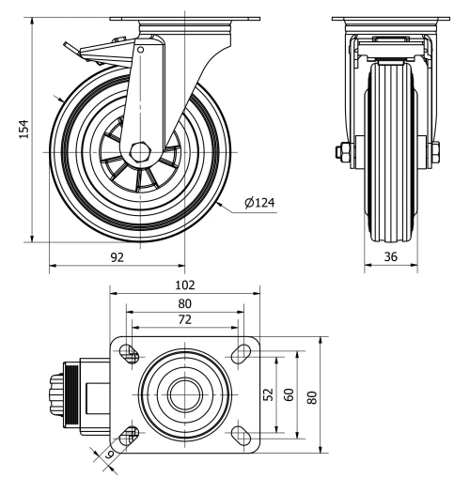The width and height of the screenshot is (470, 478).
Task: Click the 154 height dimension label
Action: (25, 129)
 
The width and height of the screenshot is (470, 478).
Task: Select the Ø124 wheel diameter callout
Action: (258, 201)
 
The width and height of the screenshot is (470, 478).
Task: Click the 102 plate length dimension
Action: (184, 285)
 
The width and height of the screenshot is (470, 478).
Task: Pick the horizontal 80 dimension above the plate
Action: (184, 303)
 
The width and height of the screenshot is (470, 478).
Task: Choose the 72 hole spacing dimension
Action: (184, 320)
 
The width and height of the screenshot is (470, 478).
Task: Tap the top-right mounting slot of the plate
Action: (241, 354)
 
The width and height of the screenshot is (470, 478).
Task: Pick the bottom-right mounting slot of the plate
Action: (241, 434)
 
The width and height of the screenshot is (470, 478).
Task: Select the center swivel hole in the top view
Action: (183, 394)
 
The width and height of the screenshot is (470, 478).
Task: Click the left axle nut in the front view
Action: (341, 150)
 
